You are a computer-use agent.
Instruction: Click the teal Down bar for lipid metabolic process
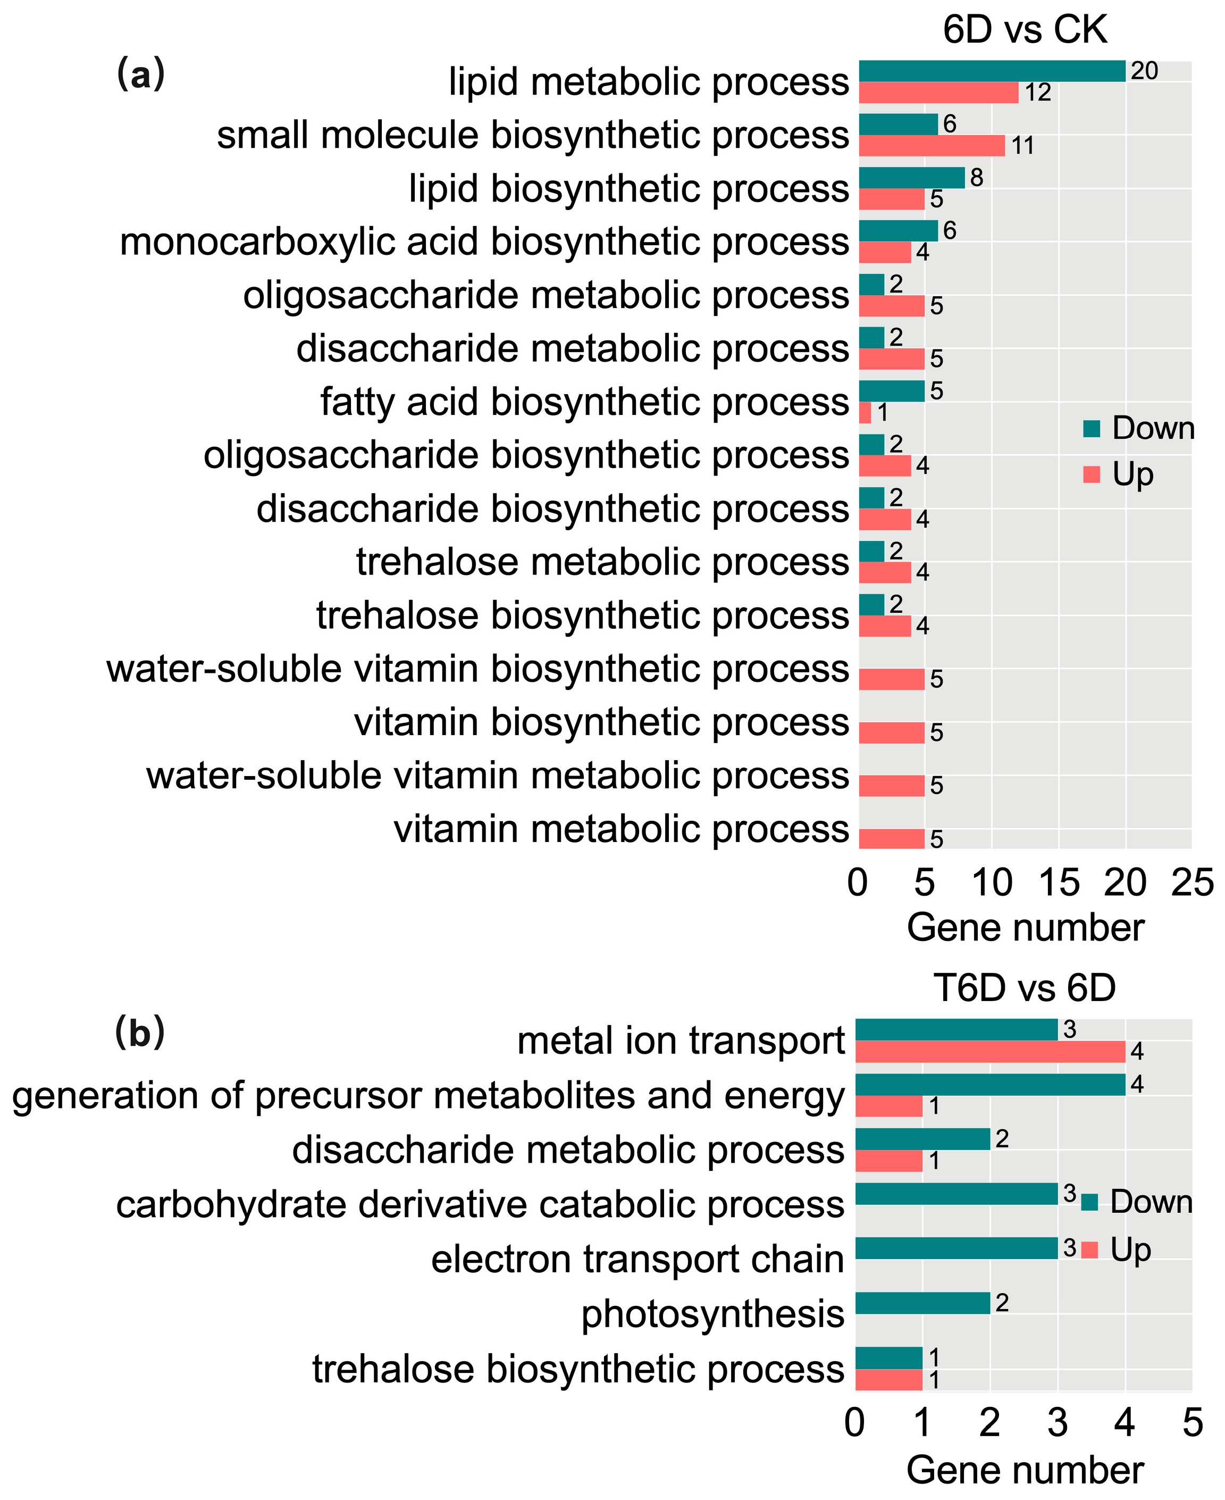[x=992, y=71]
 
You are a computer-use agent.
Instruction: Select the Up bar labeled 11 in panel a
[x=932, y=145]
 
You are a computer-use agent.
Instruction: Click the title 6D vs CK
[x=1025, y=30]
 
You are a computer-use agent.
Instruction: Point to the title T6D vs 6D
[x=1025, y=988]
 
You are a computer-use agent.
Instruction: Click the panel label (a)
[x=140, y=74]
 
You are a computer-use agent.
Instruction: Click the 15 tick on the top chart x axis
[x=1059, y=883]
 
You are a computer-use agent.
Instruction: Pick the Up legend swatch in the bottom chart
[x=1089, y=1250]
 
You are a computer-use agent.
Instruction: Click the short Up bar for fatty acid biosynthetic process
[x=865, y=412]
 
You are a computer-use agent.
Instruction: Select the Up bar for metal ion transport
[x=990, y=1052]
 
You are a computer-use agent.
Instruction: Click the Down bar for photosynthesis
[x=922, y=1303]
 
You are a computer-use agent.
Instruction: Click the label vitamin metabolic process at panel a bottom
[x=621, y=829]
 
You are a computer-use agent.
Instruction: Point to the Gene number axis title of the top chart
[x=1025, y=928]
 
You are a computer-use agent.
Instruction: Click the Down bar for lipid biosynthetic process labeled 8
[x=911, y=178]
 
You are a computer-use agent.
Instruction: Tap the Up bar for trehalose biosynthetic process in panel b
[x=888, y=1380]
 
